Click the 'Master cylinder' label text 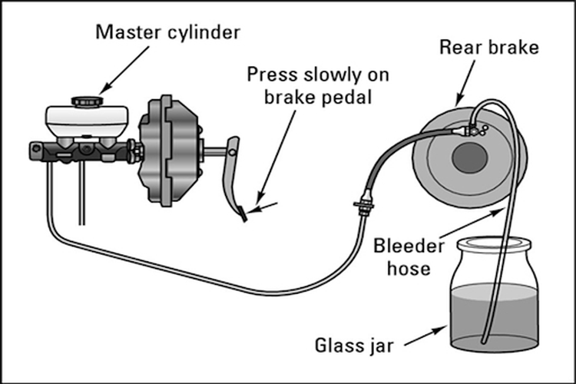click(x=167, y=32)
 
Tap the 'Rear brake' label click(x=489, y=48)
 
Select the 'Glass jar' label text click(x=354, y=346)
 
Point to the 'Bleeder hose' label click(x=409, y=257)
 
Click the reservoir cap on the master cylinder click(x=87, y=101)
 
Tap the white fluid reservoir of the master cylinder click(x=87, y=121)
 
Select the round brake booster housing click(x=169, y=151)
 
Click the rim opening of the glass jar click(x=493, y=243)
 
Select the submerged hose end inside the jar click(x=484, y=340)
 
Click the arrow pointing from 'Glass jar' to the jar click(x=425, y=336)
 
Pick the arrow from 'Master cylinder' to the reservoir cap click(x=124, y=70)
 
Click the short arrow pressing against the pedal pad click(x=263, y=207)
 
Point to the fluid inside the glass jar click(x=493, y=316)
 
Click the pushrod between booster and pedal click(x=215, y=151)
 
